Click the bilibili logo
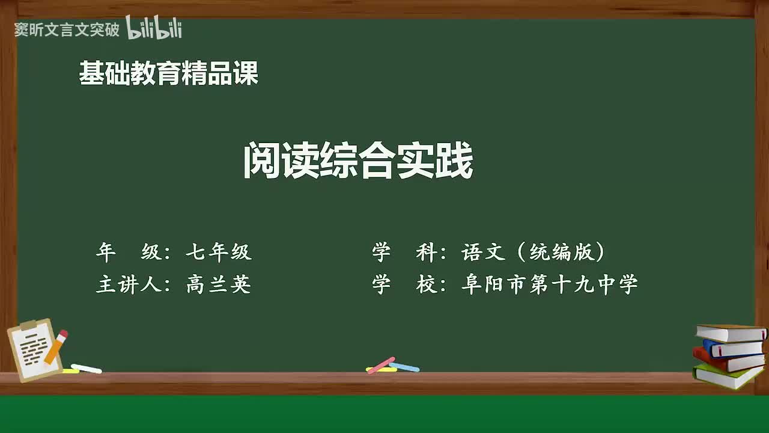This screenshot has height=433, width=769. tap(154, 28)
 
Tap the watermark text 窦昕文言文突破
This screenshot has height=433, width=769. tap(67, 30)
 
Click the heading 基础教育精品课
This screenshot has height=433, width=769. tap(169, 74)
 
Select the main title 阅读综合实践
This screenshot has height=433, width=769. tap(358, 161)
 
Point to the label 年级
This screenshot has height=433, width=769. tap(129, 253)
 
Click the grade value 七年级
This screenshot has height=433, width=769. tap(219, 253)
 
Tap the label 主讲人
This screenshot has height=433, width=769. tap(129, 284)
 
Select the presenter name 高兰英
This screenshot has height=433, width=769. tap(219, 284)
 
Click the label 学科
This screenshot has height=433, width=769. tap(405, 253)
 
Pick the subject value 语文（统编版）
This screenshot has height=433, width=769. tap(533, 253)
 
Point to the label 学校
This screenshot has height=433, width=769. tap(405, 284)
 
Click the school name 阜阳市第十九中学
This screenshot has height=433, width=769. tap(549, 284)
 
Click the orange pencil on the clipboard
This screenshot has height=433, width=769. tap(56, 348)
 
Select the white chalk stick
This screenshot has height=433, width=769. tap(87, 368)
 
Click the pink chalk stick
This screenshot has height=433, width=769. tap(381, 364)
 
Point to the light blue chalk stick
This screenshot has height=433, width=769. tap(405, 366)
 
